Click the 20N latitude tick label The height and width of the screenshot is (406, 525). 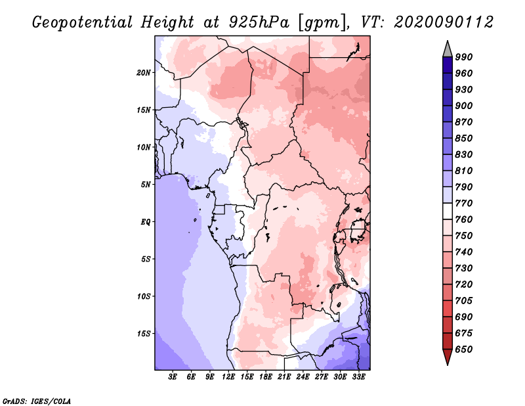144,72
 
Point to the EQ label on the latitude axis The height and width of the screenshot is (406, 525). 145,221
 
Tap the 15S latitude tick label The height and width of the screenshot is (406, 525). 144,334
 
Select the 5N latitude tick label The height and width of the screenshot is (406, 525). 146,185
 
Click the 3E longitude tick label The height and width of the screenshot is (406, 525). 173,377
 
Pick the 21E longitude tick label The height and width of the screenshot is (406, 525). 284,377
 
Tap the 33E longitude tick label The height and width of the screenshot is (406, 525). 358,377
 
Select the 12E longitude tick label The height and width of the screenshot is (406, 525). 228,377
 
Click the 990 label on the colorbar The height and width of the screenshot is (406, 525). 464,57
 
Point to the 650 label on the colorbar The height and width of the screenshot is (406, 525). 464,350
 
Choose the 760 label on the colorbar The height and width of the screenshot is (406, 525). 464,219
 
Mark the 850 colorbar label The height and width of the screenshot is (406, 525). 464,138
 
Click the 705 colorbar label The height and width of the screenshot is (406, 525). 464,301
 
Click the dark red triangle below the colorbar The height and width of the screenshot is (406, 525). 448,356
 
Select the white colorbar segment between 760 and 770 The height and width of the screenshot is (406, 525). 448,212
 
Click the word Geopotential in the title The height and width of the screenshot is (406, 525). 83,23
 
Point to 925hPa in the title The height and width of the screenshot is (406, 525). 259,22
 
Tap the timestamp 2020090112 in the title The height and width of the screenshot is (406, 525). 444,22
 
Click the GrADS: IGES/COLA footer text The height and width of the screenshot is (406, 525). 37,401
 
